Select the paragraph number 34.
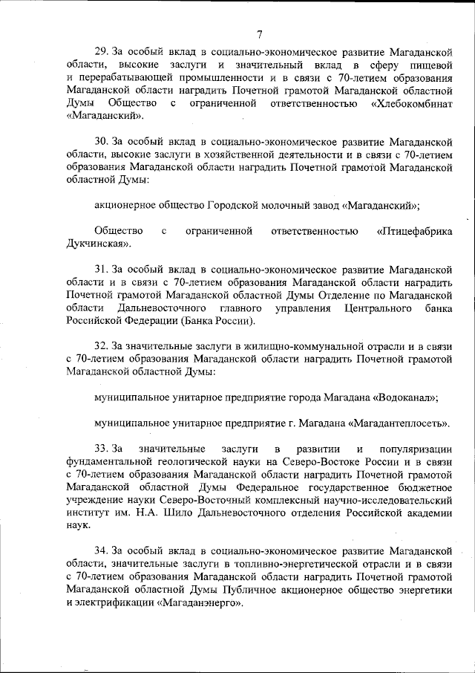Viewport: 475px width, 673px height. pos(102,550)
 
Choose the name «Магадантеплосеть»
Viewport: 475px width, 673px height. pos(399,423)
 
